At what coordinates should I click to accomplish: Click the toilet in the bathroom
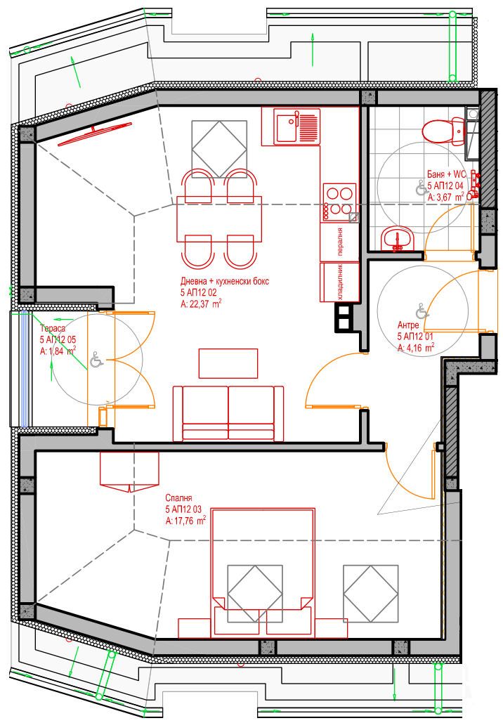pos(443,131)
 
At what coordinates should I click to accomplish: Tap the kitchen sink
pos(297,126)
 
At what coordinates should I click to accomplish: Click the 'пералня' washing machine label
pos(340,241)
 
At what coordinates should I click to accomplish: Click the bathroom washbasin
pos(396,239)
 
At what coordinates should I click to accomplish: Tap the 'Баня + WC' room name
pos(446,174)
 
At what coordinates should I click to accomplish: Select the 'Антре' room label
pos(408,325)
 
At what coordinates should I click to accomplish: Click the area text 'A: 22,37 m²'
pos(200,304)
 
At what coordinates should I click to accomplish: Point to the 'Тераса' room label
pos(53,328)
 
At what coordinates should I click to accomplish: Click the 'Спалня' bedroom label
pos(178,498)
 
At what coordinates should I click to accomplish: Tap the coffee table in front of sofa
pos(228,363)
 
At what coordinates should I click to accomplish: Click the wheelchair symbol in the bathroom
pos(421,187)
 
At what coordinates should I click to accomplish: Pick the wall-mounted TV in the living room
pos(95,134)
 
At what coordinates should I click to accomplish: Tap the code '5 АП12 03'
pos(183,509)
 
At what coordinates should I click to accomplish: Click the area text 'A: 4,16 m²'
pos(416,348)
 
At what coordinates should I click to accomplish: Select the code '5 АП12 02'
pos(198,292)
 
